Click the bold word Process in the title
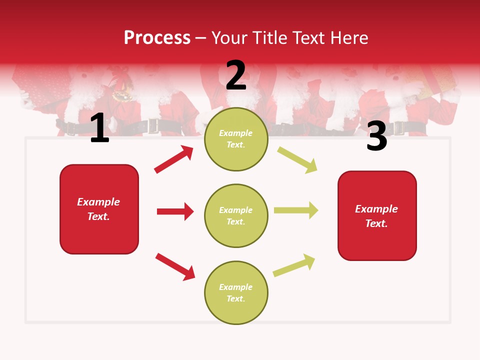tap(157, 37)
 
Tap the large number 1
tap(99, 129)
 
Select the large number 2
tap(236, 75)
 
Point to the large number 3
tap(377, 137)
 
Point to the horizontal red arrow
tap(175, 211)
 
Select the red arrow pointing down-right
tap(175, 266)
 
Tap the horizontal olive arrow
tap(296, 210)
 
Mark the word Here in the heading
tap(348, 37)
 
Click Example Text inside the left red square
tap(98, 209)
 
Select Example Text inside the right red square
tap(376, 216)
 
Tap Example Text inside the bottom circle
tap(236, 293)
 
